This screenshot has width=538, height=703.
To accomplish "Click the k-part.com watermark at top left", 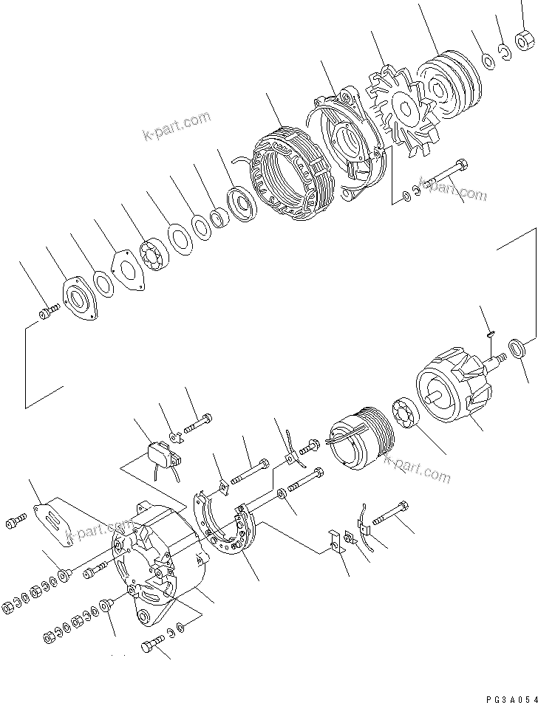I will point(177,127).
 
